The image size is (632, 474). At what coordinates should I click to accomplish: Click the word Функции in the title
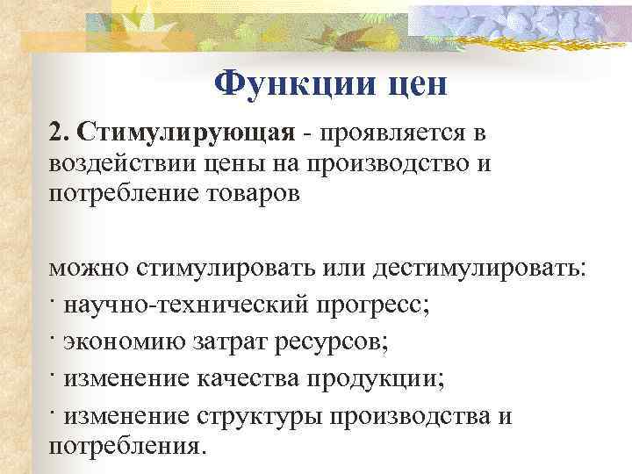(x=288, y=84)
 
